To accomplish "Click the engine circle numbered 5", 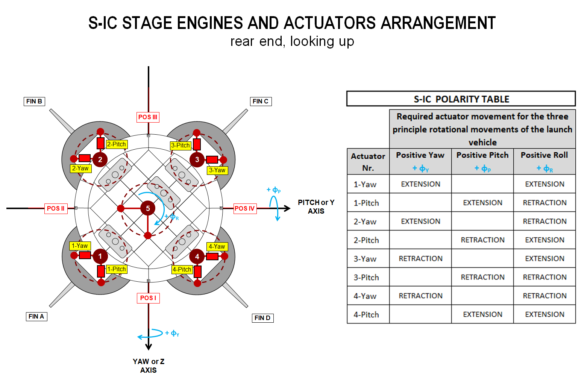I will click(x=148, y=208).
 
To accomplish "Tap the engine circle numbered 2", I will click(x=100, y=159).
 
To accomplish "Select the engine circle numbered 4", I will click(x=197, y=257).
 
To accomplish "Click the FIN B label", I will click(x=34, y=101).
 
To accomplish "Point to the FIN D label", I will click(x=262, y=318).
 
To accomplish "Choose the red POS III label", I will click(x=148, y=117).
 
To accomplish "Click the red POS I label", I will click(x=148, y=298).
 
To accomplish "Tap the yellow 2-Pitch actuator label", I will click(x=117, y=144).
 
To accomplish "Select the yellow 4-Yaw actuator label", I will click(x=217, y=246).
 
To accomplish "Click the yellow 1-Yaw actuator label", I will click(x=80, y=246).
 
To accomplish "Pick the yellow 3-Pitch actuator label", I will click(x=180, y=145).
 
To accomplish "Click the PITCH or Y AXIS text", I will click(x=316, y=206).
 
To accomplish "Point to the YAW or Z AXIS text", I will click(x=149, y=366).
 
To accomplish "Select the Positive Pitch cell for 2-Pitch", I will click(x=482, y=240).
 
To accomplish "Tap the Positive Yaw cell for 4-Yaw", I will click(x=420, y=296).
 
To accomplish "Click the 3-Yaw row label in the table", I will click(x=365, y=259).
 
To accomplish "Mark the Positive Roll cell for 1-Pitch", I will click(x=545, y=202).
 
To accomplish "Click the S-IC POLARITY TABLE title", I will click(x=461, y=99).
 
